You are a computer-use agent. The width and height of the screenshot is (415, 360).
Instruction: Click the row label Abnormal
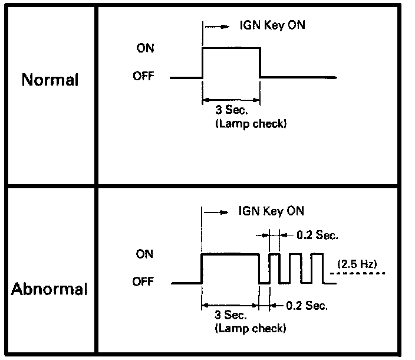50,289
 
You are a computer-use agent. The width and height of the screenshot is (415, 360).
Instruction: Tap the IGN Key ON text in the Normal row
272,26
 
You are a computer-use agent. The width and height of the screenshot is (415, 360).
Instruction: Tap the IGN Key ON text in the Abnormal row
272,211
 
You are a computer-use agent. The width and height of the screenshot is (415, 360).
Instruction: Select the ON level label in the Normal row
144,48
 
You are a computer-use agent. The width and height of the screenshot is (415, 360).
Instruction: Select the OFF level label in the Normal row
144,77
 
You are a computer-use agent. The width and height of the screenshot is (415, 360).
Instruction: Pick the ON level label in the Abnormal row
144,254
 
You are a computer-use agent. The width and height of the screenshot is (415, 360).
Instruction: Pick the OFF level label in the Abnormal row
144,282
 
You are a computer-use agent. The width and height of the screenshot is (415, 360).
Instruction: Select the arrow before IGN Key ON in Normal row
216,27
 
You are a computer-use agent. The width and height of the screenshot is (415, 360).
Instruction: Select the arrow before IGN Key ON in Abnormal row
216,212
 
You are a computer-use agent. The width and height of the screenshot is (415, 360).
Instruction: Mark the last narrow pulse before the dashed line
317,269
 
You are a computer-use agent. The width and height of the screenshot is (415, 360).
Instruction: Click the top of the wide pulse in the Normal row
231,49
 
